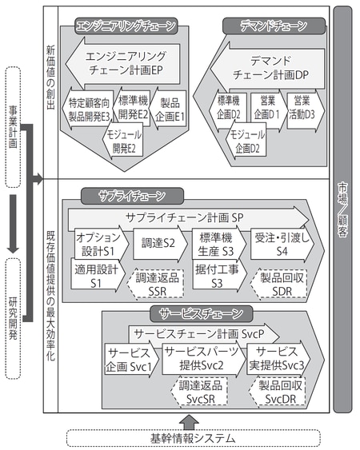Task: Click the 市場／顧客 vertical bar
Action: [343, 208]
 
